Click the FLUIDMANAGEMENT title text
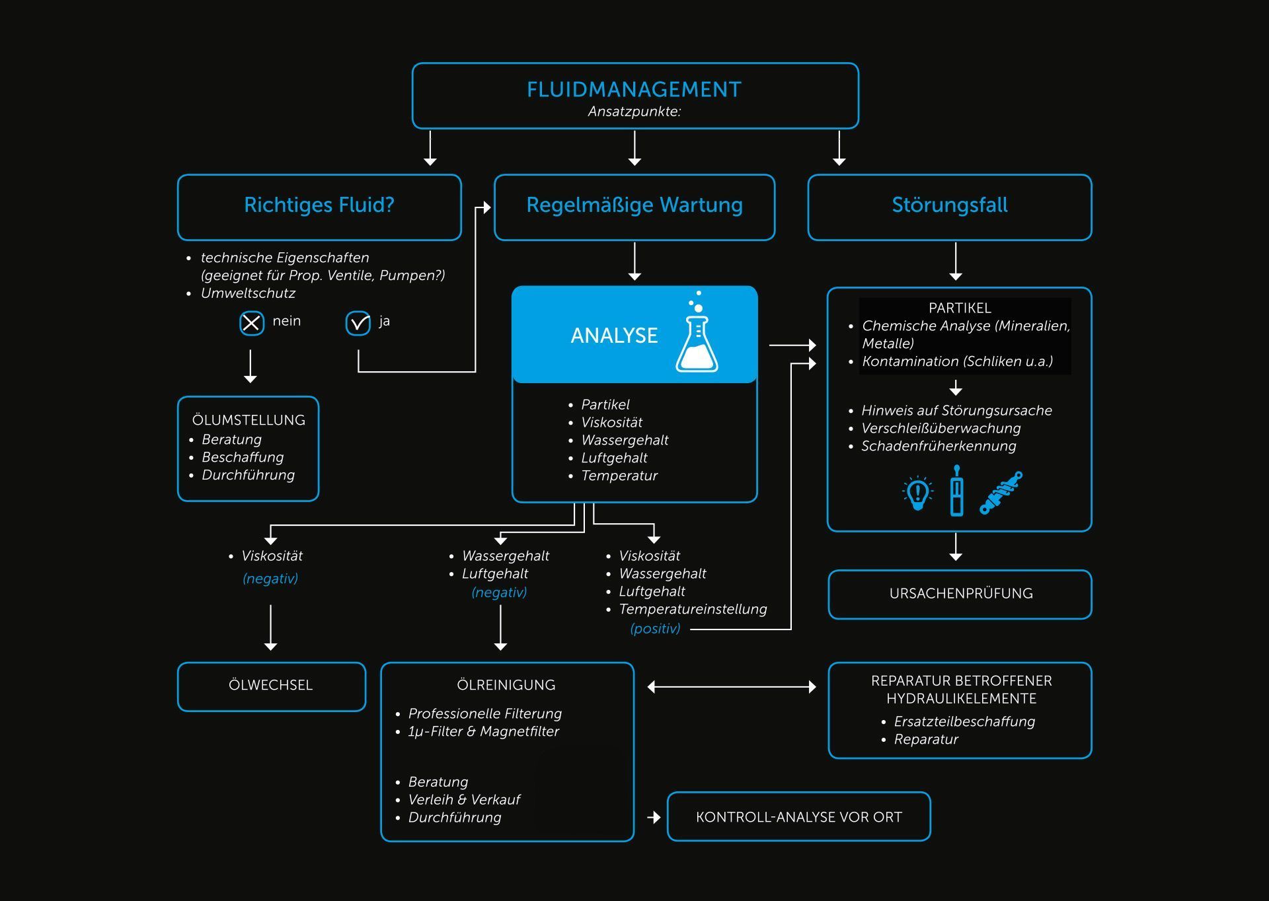point(634,89)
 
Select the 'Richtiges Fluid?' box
point(319,207)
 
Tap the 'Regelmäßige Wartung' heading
point(634,205)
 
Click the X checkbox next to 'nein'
point(251,323)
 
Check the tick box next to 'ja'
point(358,323)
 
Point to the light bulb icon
point(917,493)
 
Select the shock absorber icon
point(1001,493)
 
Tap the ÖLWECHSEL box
point(271,686)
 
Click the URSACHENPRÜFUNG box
point(960,594)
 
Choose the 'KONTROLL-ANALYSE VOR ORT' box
point(798,817)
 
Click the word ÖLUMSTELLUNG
point(249,420)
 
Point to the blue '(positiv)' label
point(655,629)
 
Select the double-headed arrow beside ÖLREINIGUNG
point(732,687)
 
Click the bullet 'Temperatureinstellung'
point(693,609)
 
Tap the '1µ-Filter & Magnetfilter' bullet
point(483,731)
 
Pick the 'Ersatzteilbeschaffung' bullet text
point(964,721)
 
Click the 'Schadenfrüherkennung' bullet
point(939,446)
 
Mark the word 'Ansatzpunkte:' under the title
point(634,112)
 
